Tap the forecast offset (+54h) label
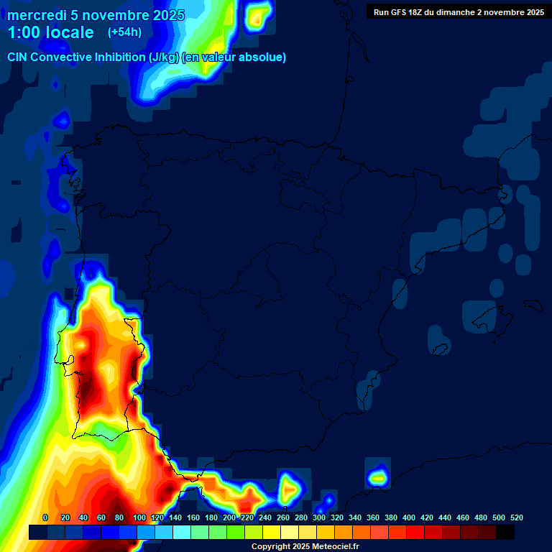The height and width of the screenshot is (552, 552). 124,32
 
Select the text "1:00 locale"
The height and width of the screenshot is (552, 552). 50,33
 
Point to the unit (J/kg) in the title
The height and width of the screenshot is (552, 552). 164,57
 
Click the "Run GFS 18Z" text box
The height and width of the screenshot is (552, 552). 458,12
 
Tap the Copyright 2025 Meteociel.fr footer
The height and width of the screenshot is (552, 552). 304,547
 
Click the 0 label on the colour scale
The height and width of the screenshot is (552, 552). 45,517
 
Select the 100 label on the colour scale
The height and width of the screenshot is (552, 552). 139,517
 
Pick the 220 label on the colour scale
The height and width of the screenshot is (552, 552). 247,517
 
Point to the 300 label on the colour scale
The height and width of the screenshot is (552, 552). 319,517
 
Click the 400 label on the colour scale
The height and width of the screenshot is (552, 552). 409,517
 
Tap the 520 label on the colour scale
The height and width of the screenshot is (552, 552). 516,517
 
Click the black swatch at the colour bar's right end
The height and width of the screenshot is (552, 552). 505,532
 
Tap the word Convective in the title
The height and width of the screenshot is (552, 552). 62,57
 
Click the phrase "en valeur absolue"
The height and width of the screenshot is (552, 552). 238,57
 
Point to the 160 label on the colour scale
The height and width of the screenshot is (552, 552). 193,517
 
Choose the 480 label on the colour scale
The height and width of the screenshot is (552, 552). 481,517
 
